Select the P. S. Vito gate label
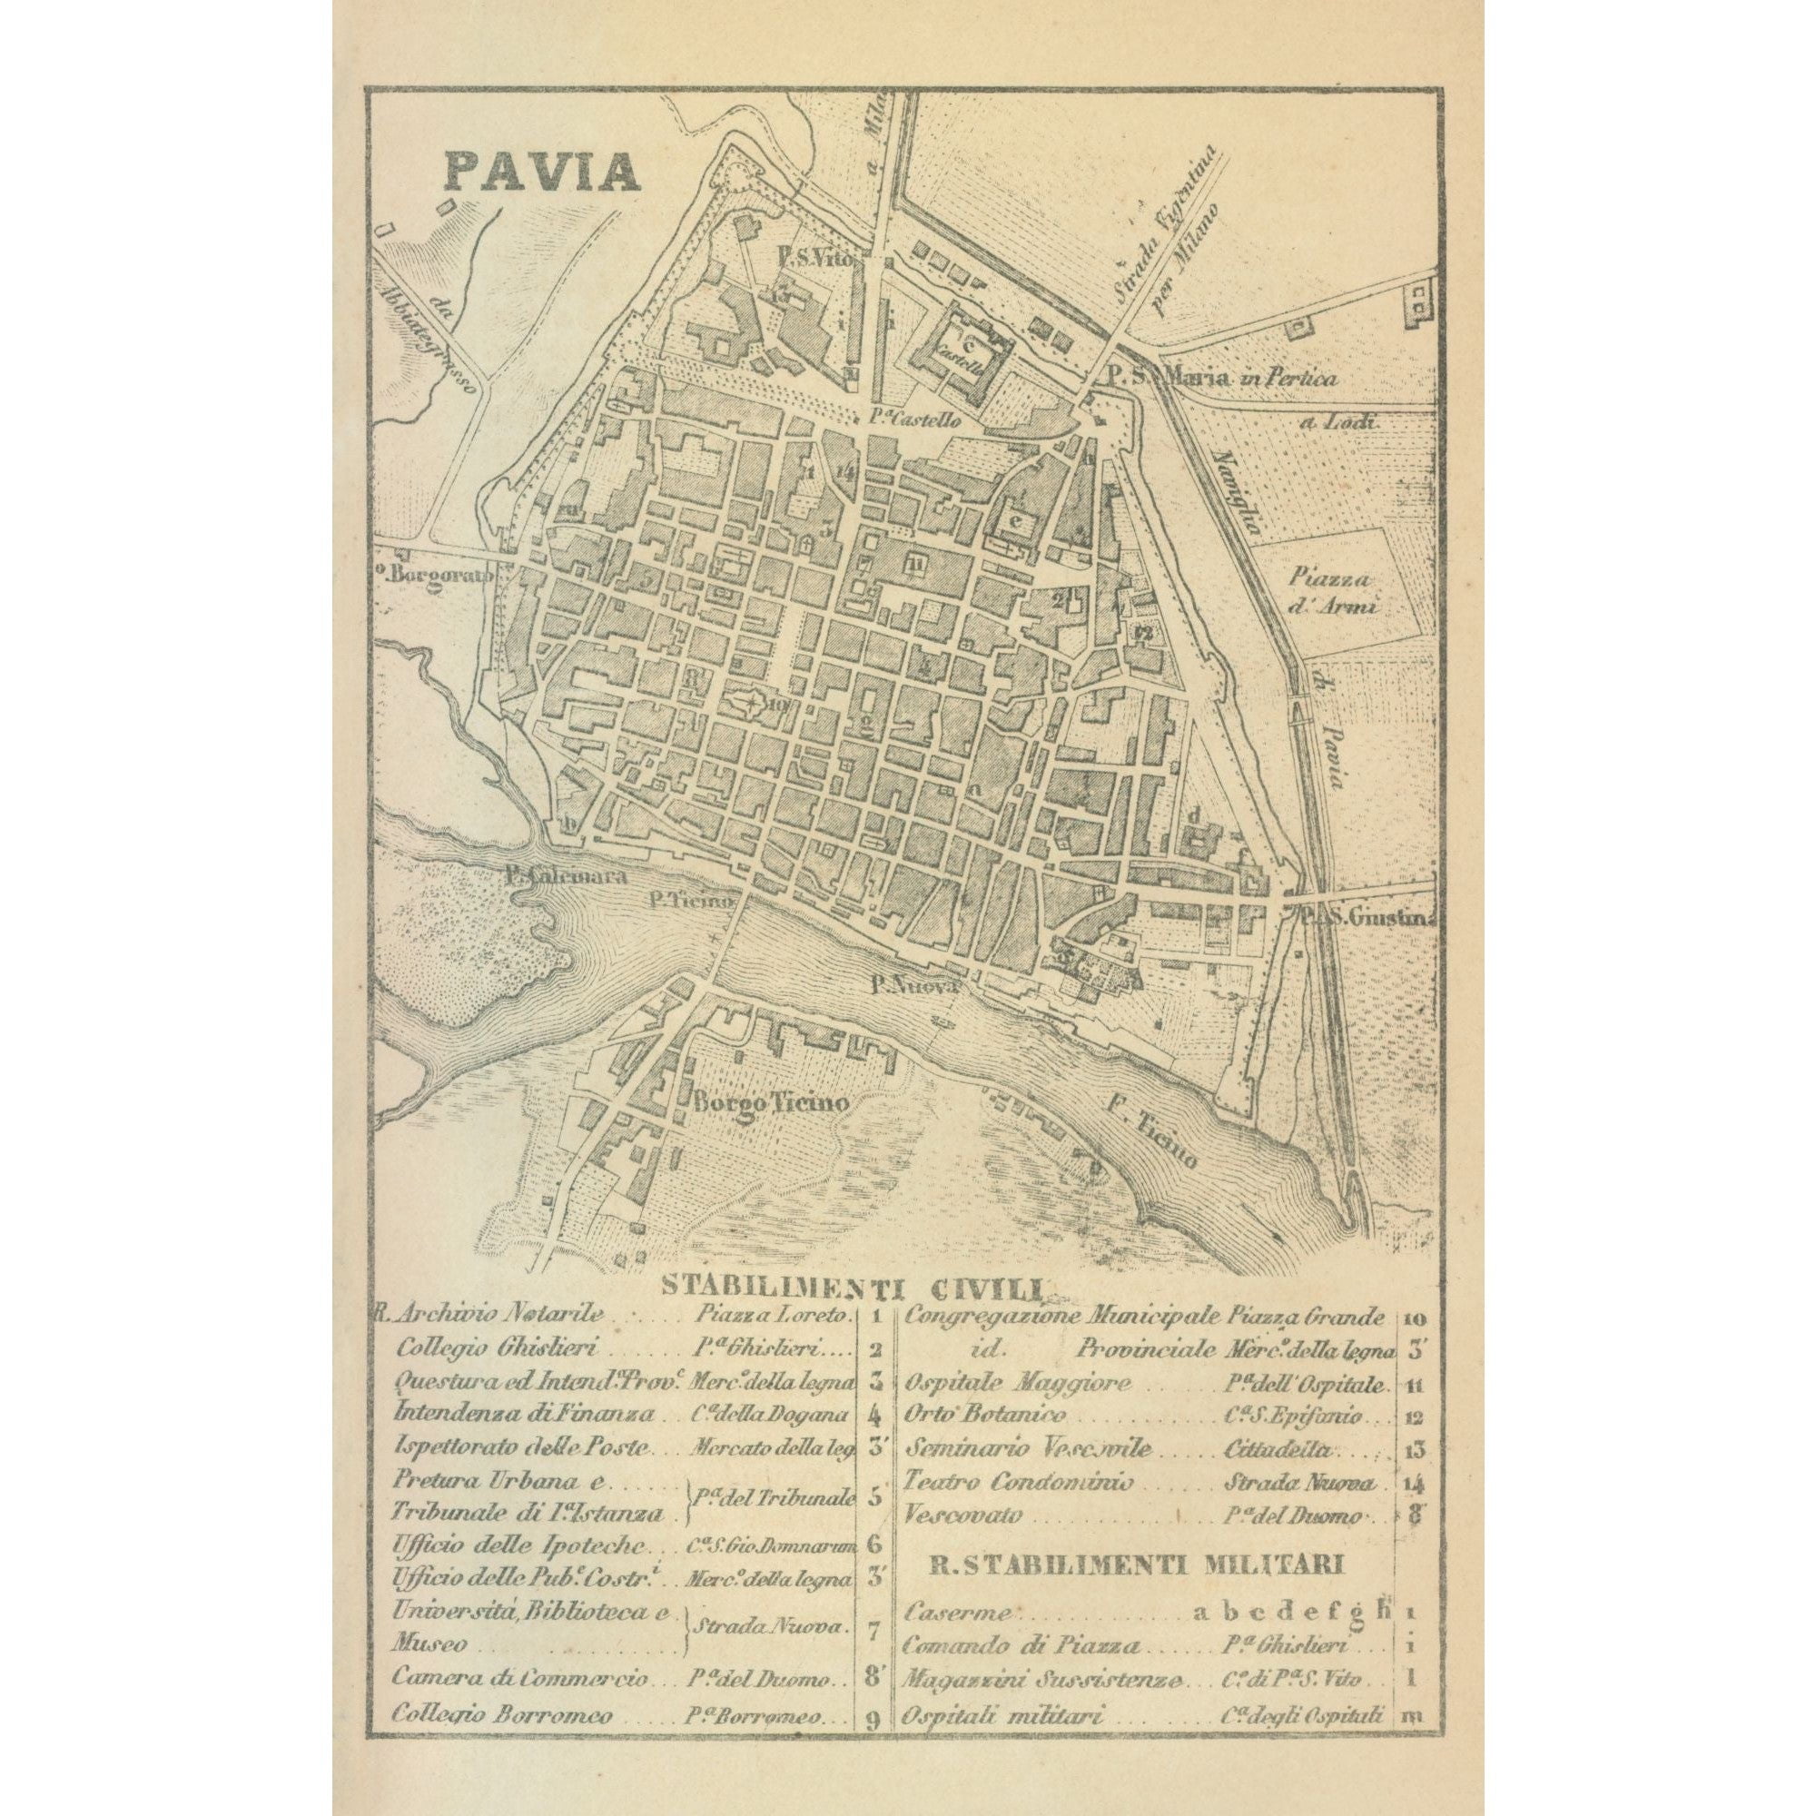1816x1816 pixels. [x=814, y=258]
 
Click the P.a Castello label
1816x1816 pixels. [x=911, y=421]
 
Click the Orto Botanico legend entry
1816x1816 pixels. [x=985, y=1441]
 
